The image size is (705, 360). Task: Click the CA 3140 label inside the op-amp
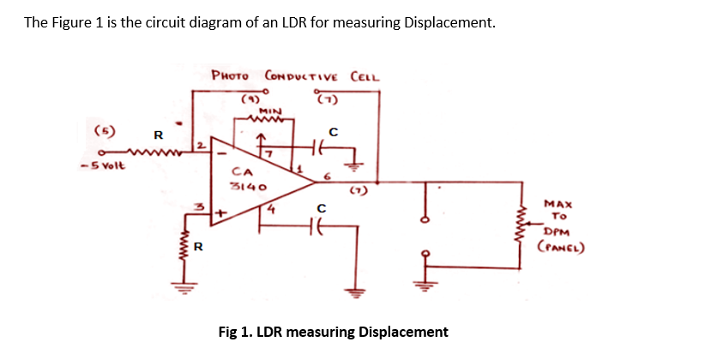(x=249, y=178)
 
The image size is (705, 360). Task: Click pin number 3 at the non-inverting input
(x=196, y=207)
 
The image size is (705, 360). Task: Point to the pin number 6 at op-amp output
(x=326, y=174)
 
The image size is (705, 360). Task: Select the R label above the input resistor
(x=158, y=135)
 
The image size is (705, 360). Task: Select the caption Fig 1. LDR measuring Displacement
(x=333, y=332)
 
